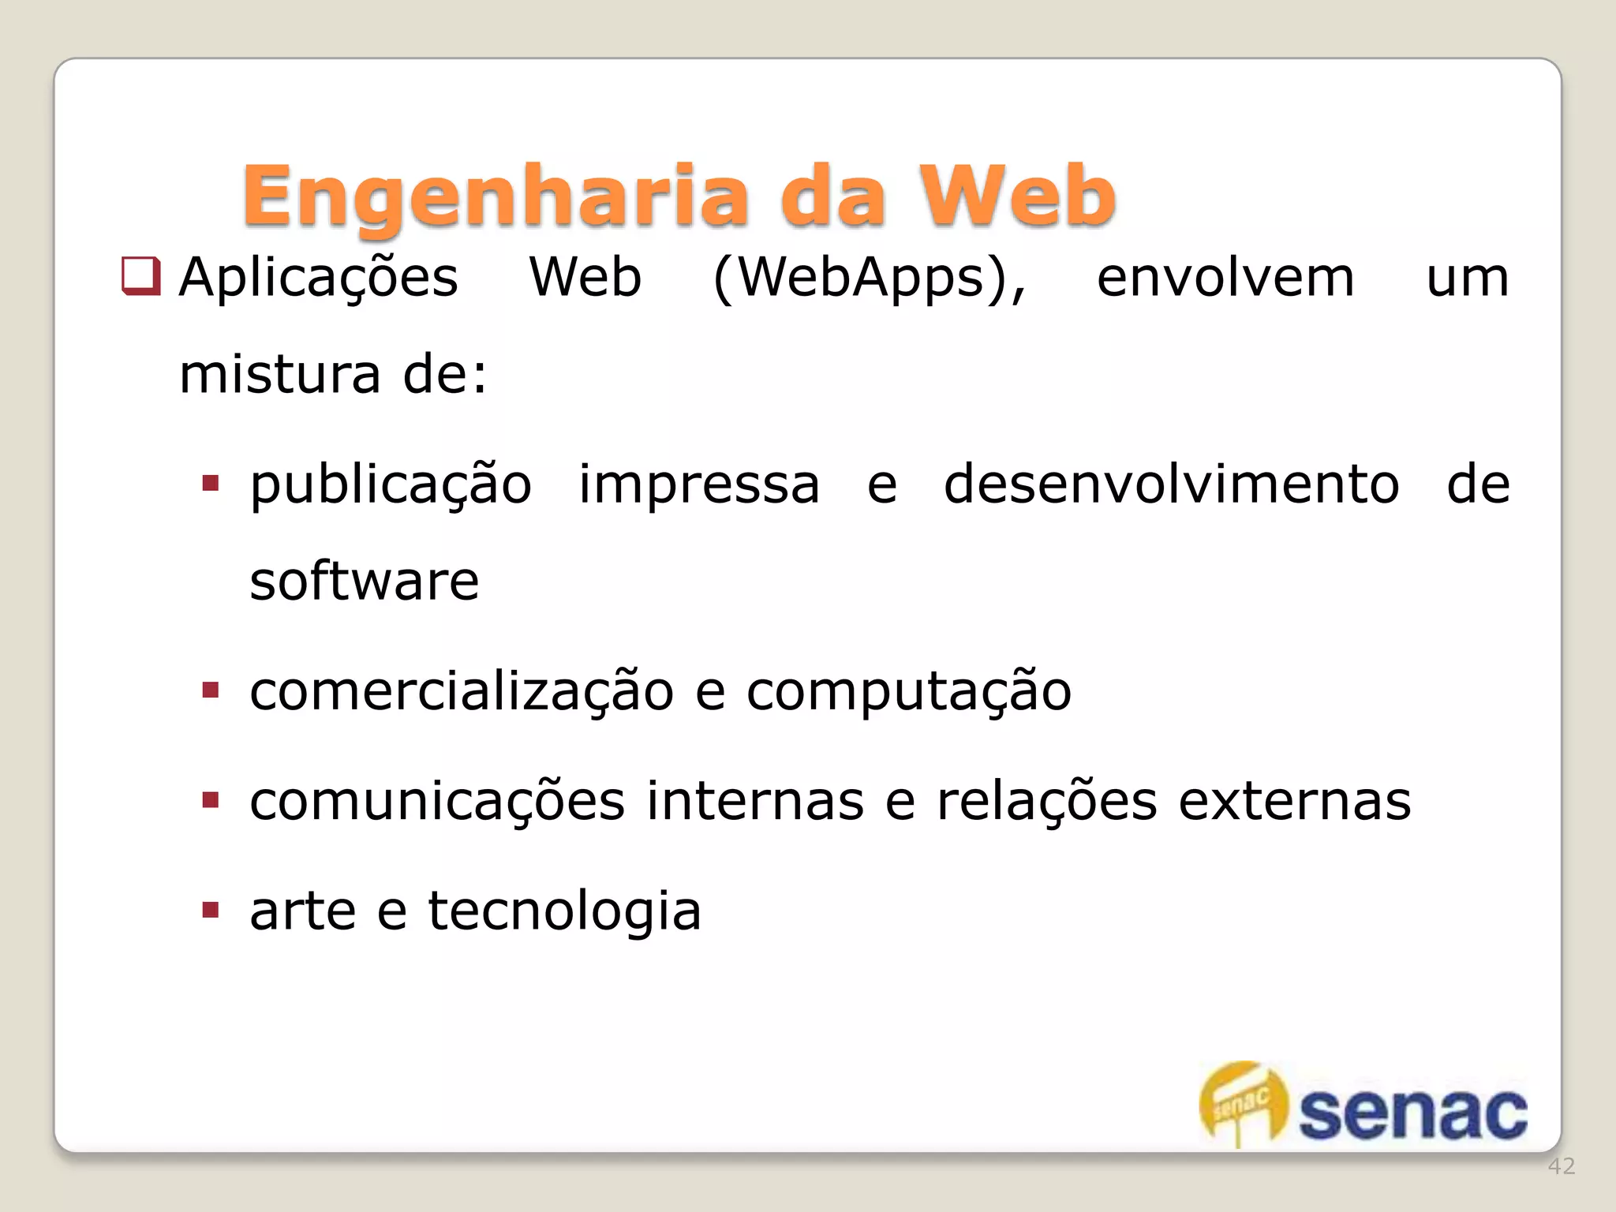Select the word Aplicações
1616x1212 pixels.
318,279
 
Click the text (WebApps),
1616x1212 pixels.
870,279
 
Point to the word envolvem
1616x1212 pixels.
1225,279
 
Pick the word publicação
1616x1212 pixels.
391,485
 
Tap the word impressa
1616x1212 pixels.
699,484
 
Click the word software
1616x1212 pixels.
364,581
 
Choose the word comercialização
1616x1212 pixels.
462,691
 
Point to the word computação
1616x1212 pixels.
909,691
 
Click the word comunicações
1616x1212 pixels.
437,802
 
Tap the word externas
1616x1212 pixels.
1294,801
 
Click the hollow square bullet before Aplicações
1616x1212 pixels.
141,276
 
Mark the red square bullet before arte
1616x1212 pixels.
210,911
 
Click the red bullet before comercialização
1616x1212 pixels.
210,690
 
